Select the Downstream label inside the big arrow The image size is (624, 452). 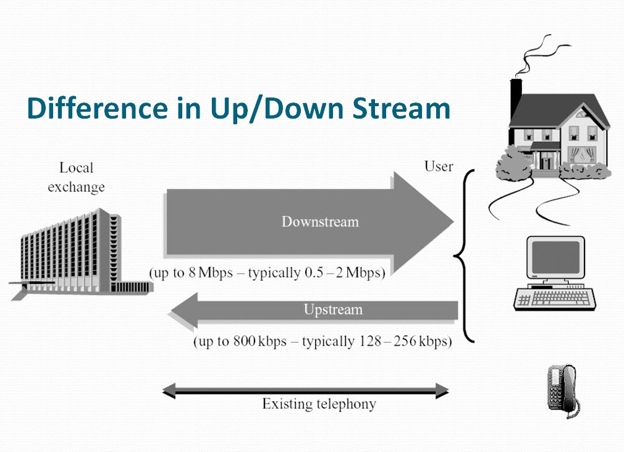pyautogui.click(x=320, y=222)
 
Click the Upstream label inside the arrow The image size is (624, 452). pyautogui.click(x=333, y=309)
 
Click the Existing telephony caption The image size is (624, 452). pyautogui.click(x=319, y=404)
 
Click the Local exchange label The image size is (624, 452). pyautogui.click(x=76, y=177)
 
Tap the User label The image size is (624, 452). pyautogui.click(x=439, y=166)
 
